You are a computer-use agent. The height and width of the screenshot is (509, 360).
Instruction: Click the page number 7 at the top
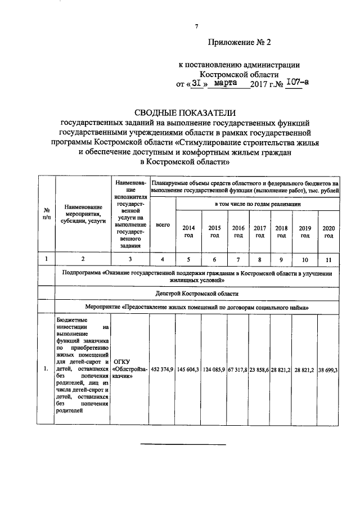pos(196,26)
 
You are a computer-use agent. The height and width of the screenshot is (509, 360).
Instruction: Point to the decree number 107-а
pos(297,83)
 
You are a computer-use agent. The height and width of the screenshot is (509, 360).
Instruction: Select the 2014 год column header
pos(188,231)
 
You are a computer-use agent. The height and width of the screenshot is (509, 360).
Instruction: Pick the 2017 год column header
pos(259,231)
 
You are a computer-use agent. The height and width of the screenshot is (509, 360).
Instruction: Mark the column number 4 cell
pos(163,259)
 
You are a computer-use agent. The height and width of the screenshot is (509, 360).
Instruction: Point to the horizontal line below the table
pos(183,444)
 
